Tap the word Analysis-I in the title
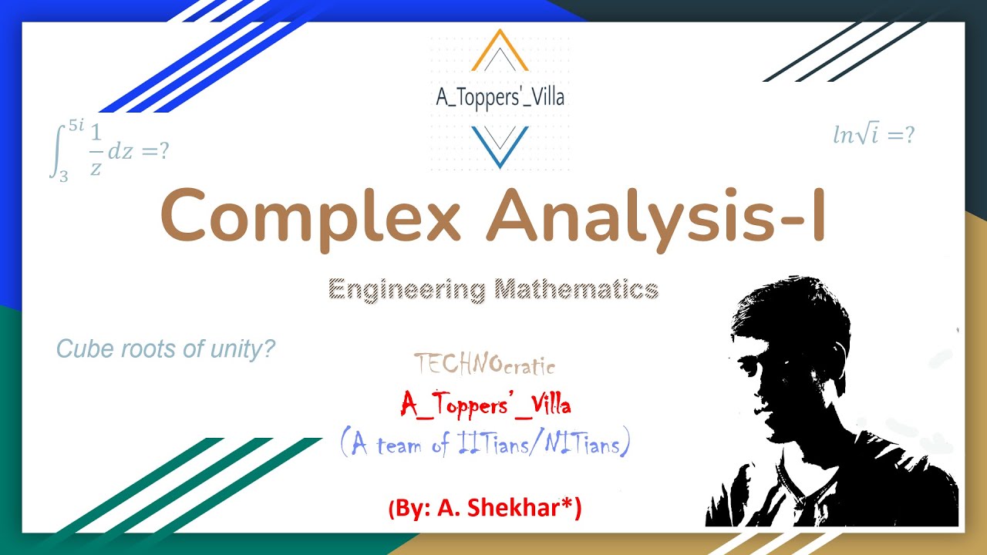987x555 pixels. (x=655, y=216)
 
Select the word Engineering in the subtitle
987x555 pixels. (x=406, y=290)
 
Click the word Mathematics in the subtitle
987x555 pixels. (x=576, y=290)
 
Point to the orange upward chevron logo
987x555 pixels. (x=500, y=52)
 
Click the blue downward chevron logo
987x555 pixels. (x=500, y=144)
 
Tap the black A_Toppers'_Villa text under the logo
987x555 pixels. (x=500, y=97)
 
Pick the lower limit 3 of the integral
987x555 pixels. (x=63, y=177)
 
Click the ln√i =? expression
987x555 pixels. (x=874, y=136)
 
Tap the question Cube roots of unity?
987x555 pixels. (x=166, y=349)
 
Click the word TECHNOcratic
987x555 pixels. (x=484, y=364)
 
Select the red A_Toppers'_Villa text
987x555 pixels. (x=486, y=403)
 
